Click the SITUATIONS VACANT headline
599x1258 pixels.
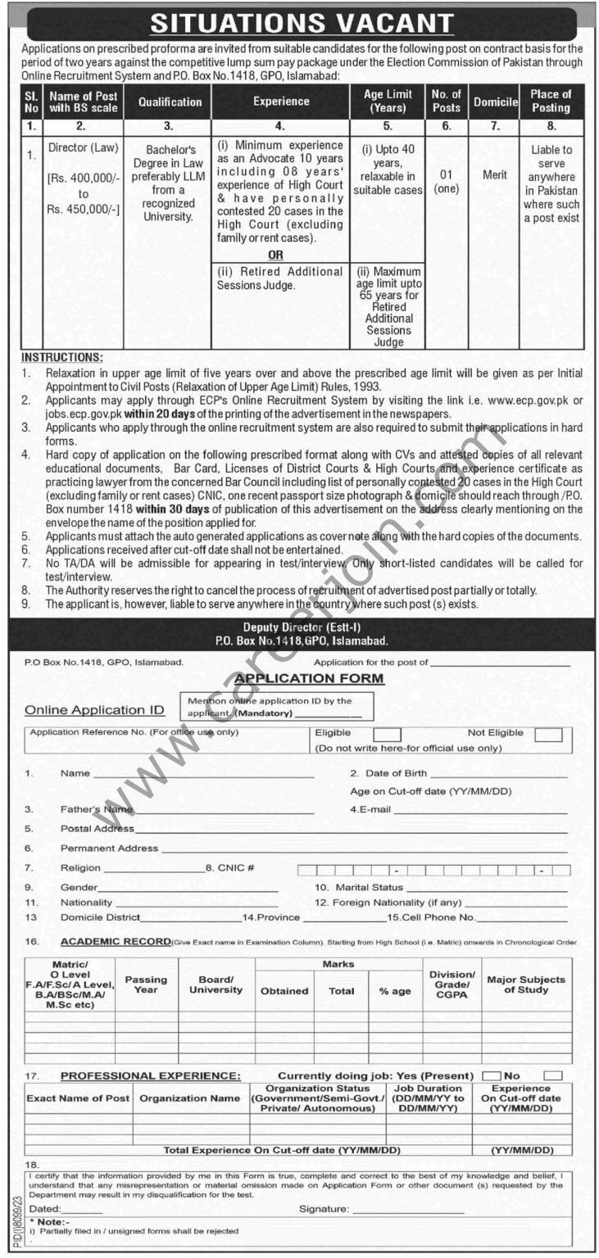(302, 22)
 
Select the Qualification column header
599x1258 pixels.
(170, 102)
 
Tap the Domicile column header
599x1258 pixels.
(496, 102)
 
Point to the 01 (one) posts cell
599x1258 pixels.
(446, 181)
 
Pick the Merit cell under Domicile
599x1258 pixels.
(495, 175)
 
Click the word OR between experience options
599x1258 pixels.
(275, 255)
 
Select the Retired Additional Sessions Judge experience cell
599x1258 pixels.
(279, 278)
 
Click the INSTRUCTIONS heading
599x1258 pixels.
(62, 358)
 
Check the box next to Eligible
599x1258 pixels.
(388, 734)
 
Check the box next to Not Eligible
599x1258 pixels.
(548, 734)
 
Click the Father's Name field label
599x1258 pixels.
(96, 809)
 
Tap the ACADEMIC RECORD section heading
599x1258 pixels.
(116, 942)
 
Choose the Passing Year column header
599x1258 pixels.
(146, 984)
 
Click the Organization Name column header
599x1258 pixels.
(190, 1098)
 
